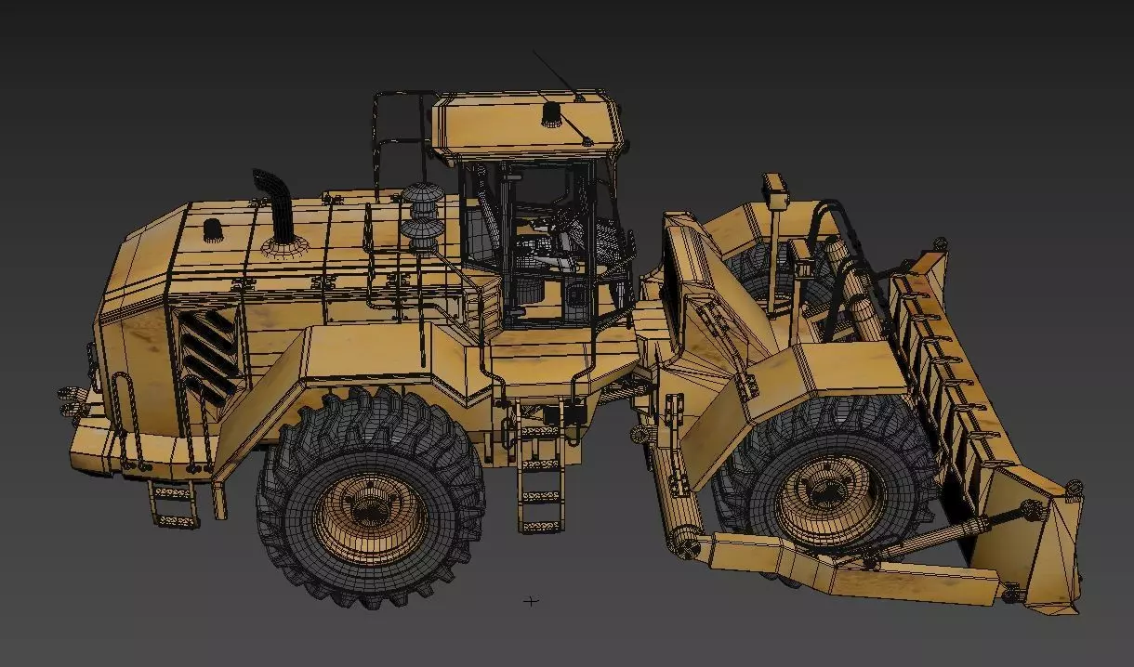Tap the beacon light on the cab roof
tap(553, 114)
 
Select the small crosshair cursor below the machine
tap(531, 601)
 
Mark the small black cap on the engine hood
tap(213, 229)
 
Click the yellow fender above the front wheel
tap(837, 372)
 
